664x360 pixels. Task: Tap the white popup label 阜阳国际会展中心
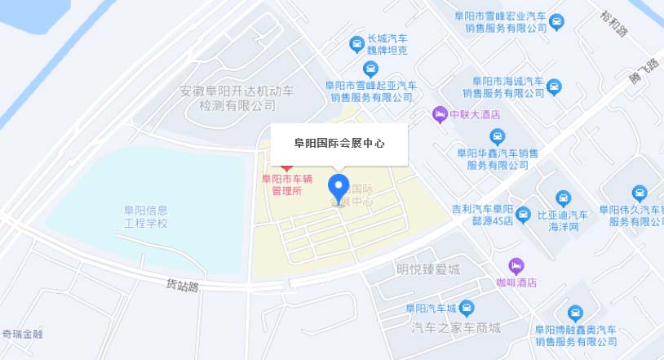point(339,143)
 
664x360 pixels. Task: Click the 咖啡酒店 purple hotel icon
point(516,266)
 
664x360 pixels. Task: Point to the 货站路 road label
point(183,285)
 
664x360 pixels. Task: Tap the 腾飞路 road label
point(644,73)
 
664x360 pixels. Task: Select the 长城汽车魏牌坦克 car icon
point(356,43)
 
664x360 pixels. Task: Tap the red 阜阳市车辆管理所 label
point(286,184)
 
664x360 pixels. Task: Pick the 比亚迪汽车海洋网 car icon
point(563,198)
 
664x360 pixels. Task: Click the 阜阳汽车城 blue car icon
point(467,308)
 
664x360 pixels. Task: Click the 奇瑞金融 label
point(22,334)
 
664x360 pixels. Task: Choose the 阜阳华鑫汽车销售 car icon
point(497,136)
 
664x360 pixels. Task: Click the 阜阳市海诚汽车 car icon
point(554,85)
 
